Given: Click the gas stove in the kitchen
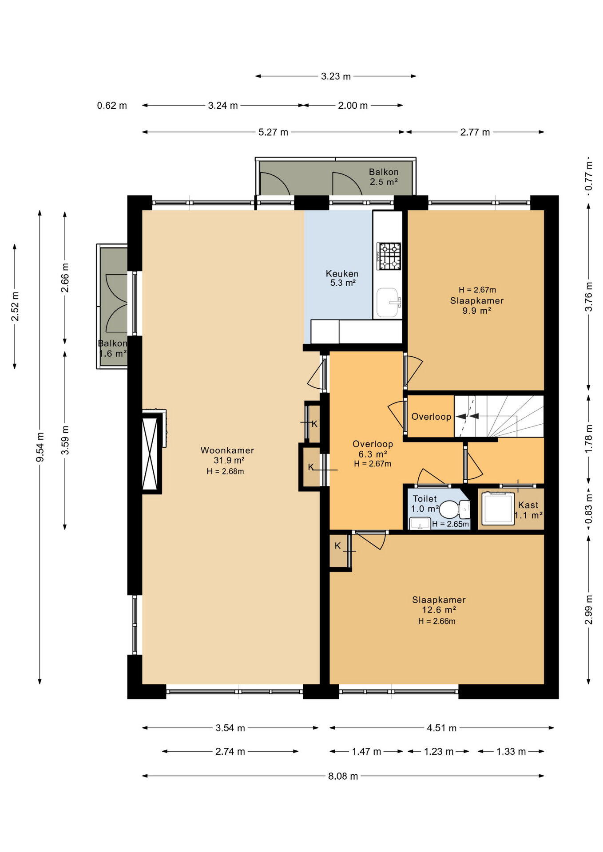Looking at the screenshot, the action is (x=389, y=256).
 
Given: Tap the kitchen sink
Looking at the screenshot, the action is (x=387, y=303).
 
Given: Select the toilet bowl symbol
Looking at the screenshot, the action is (x=453, y=509).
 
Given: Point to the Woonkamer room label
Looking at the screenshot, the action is (x=227, y=450).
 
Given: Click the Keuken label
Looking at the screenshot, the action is (x=342, y=273).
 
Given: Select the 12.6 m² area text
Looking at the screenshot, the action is (x=439, y=610).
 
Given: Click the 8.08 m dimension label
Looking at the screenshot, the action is (x=343, y=776).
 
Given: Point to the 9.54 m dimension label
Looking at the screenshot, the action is (x=40, y=447).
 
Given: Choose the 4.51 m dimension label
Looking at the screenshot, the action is (x=442, y=728).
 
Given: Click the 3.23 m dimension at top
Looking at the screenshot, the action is (x=336, y=76).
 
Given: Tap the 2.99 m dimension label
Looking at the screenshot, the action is (x=589, y=609).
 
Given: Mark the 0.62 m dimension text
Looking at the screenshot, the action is (x=112, y=106).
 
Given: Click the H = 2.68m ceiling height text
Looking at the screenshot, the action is (x=226, y=471).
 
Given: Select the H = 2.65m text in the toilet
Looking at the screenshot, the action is (x=451, y=524).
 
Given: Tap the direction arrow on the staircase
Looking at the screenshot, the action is (x=467, y=416).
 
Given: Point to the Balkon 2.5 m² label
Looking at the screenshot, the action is (x=384, y=177).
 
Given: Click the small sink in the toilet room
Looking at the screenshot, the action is (x=419, y=524).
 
